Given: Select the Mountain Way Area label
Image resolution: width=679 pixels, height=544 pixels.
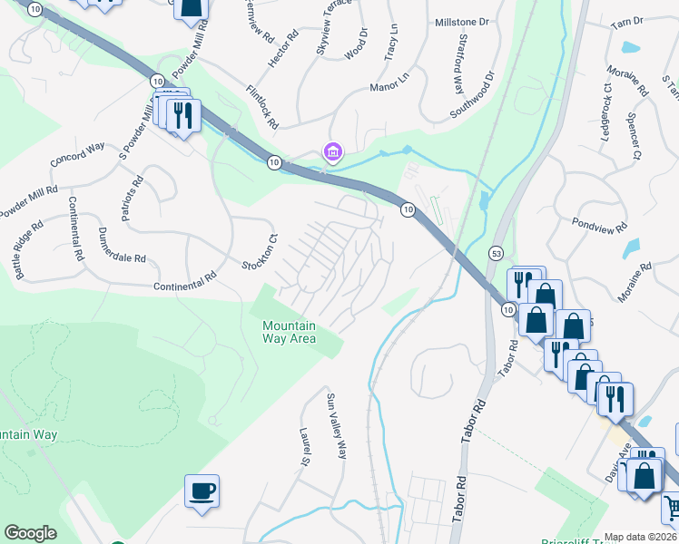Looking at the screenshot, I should (289, 333).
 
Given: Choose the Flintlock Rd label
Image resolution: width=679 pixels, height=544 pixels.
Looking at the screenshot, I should (261, 106).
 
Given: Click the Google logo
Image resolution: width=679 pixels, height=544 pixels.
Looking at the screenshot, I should (31, 532).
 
